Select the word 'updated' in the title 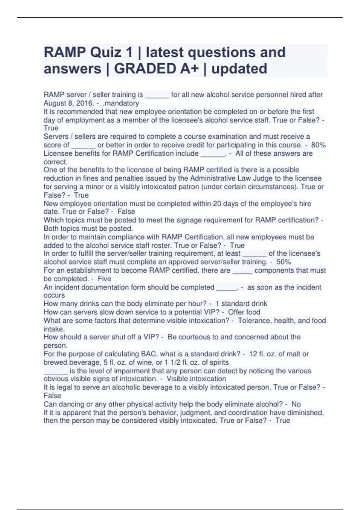click(239, 69)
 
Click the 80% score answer click(318, 145)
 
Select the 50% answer click(283, 262)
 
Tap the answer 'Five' click(104, 279)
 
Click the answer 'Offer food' click(244, 312)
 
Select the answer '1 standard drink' click(241, 304)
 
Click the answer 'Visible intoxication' click(196, 379)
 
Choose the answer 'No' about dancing click(296, 404)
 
